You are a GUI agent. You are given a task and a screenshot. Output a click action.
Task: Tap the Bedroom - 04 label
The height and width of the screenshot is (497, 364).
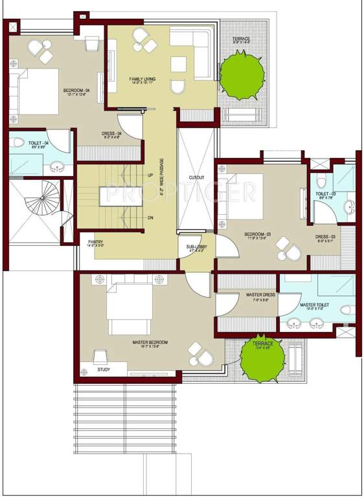pyautogui.click(x=76, y=91)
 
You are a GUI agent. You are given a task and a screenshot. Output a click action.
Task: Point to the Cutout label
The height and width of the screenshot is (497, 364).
pyautogui.click(x=196, y=177)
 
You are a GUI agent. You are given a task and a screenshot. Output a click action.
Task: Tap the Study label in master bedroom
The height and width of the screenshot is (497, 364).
pyautogui.click(x=104, y=370)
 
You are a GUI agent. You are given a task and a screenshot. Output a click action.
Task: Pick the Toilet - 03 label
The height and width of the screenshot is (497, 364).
pyautogui.click(x=325, y=193)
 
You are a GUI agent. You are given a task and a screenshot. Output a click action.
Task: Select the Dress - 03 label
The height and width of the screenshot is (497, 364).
pyautogui.click(x=325, y=237)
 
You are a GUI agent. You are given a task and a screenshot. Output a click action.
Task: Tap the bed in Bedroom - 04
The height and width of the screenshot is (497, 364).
pyautogui.click(x=41, y=92)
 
